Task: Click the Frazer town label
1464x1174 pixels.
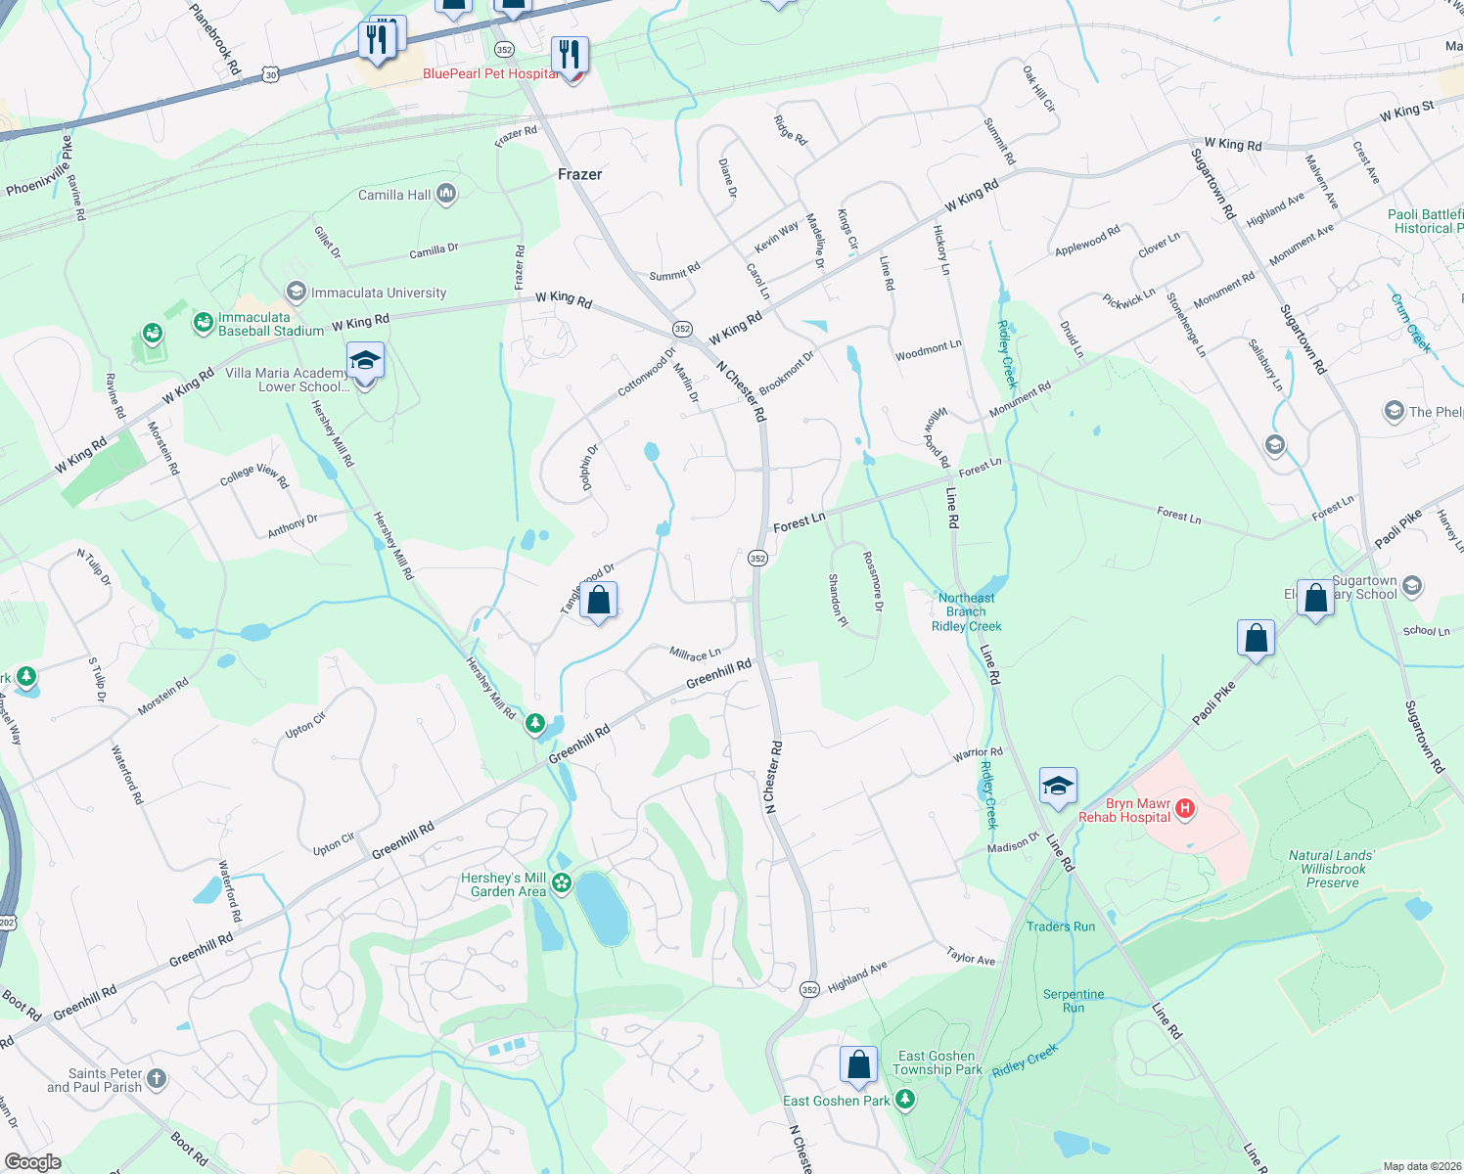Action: pos(579,174)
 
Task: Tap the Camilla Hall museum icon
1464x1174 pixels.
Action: pos(446,194)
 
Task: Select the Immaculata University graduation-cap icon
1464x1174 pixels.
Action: pos(296,292)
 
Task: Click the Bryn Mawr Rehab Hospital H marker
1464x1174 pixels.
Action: pos(1185,808)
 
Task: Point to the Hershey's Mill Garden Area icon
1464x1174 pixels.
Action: pos(562,883)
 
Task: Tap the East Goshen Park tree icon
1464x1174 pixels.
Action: pos(905,1101)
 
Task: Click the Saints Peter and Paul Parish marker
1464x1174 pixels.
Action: pos(157,1079)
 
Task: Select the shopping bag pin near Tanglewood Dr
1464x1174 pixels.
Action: pos(598,600)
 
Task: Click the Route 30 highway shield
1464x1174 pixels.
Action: pos(271,74)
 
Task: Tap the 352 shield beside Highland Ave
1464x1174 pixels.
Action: pos(808,990)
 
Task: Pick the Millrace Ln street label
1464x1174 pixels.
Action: pos(695,653)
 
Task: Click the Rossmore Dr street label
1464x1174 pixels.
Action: pos(873,581)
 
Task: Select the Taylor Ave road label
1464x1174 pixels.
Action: pos(971,956)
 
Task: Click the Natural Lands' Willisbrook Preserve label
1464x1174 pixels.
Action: pos(1332,869)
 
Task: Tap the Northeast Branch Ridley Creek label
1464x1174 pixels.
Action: pos(967,611)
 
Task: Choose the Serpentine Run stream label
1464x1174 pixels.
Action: pos(1074,1001)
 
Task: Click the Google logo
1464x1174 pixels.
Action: pos(33,1162)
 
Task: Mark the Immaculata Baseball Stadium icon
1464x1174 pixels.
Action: pos(203,323)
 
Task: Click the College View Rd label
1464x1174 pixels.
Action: pos(254,474)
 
